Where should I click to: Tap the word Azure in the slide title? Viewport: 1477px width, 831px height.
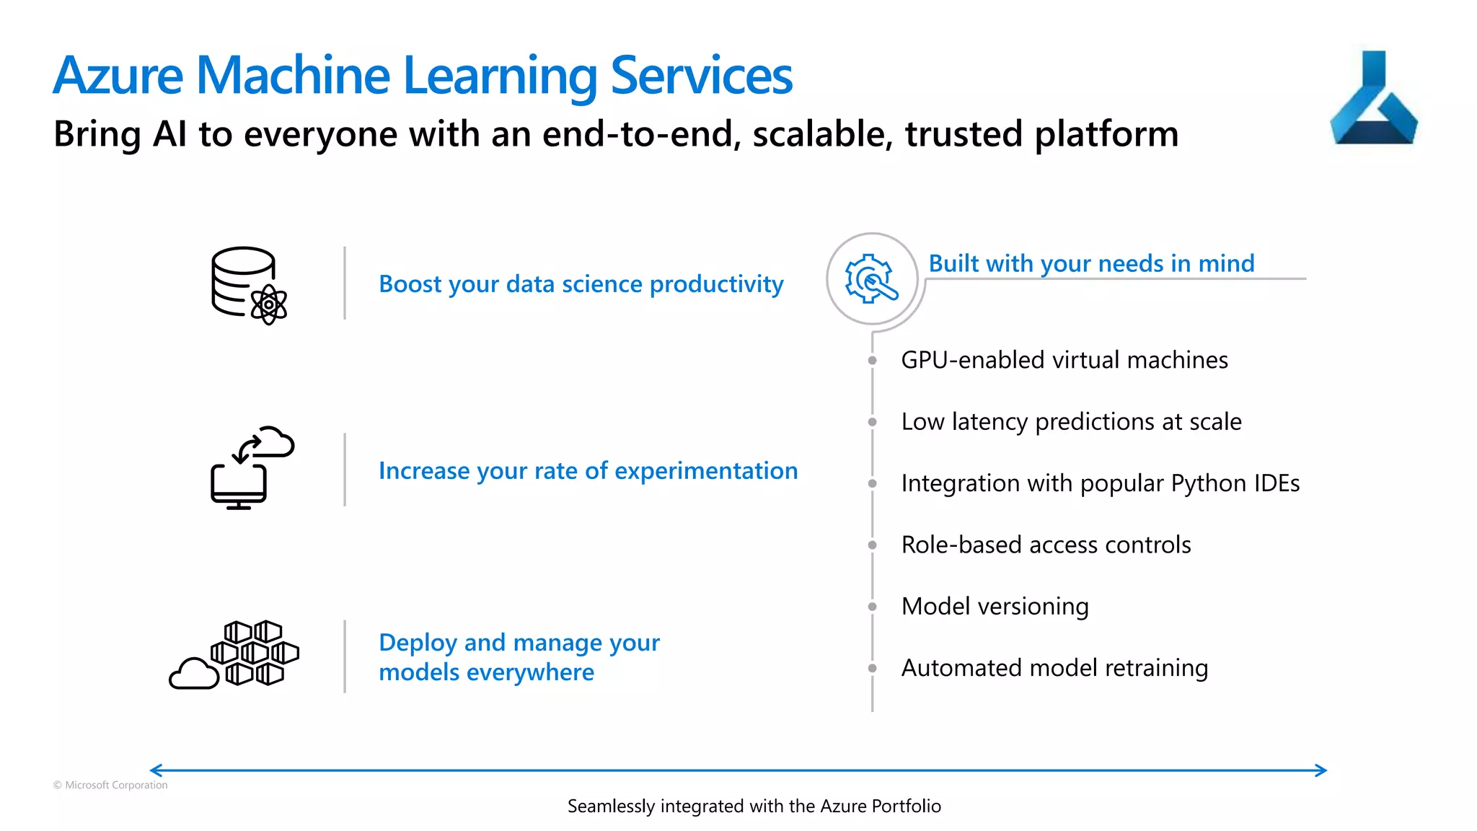coord(118,76)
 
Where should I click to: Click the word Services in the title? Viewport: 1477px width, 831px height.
coord(701,76)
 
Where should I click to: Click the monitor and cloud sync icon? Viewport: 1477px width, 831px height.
coord(252,467)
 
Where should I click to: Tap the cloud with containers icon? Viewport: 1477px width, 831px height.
coord(234,654)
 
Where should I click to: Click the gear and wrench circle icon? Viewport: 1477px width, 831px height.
coord(872,278)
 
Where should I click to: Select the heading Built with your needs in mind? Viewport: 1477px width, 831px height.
coord(1091,263)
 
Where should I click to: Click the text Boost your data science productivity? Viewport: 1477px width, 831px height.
coord(581,284)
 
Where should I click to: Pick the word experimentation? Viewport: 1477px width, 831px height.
coord(706,471)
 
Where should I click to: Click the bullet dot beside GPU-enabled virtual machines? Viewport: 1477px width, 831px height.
coord(872,360)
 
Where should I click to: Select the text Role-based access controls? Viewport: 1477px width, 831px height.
coord(1046,545)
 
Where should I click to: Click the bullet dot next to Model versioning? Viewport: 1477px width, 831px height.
coord(872,607)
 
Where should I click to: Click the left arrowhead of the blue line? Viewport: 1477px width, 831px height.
coord(154,770)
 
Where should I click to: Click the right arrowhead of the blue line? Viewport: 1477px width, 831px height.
coord(1322,770)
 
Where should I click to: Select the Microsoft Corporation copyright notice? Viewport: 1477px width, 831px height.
coord(110,785)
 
